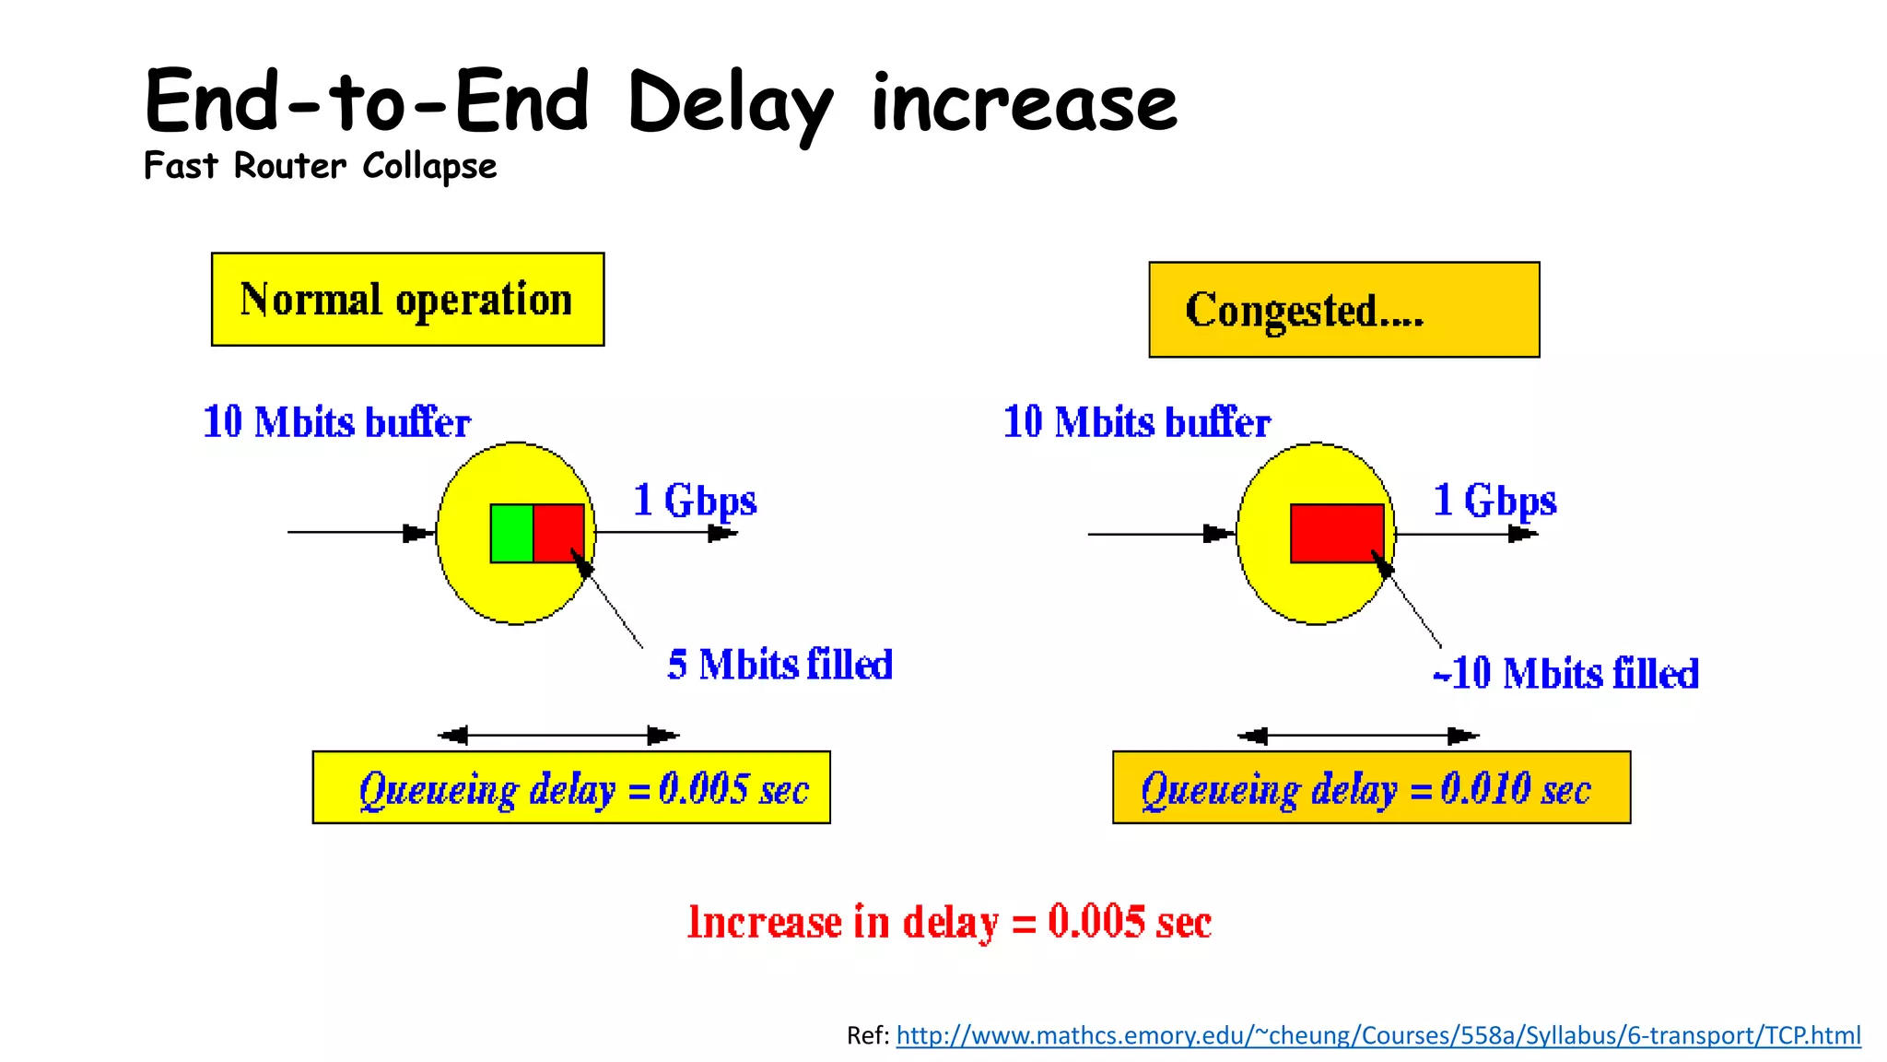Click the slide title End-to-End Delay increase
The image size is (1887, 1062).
(660, 101)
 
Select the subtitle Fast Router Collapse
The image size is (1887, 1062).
(320, 166)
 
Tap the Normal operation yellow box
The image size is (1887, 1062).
(407, 300)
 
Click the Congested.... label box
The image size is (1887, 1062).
(1343, 310)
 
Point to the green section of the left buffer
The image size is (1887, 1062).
(511, 533)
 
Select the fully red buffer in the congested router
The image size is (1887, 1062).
(1336, 533)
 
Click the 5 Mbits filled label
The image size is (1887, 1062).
(779, 665)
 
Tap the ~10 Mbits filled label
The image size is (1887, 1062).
(1565, 673)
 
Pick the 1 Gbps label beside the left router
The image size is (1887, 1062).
(695, 501)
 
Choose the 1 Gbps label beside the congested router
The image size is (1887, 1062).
(1494, 501)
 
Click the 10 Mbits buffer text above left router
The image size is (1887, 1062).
(336, 422)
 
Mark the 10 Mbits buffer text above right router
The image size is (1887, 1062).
(1136, 422)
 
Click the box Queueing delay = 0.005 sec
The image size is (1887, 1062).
(571, 787)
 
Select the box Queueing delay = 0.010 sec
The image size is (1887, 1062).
(1371, 787)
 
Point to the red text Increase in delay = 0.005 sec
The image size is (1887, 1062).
(949, 922)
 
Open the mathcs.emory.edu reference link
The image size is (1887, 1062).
(1377, 1035)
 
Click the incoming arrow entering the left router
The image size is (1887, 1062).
(359, 532)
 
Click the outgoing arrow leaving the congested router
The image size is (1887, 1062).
(1465, 534)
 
